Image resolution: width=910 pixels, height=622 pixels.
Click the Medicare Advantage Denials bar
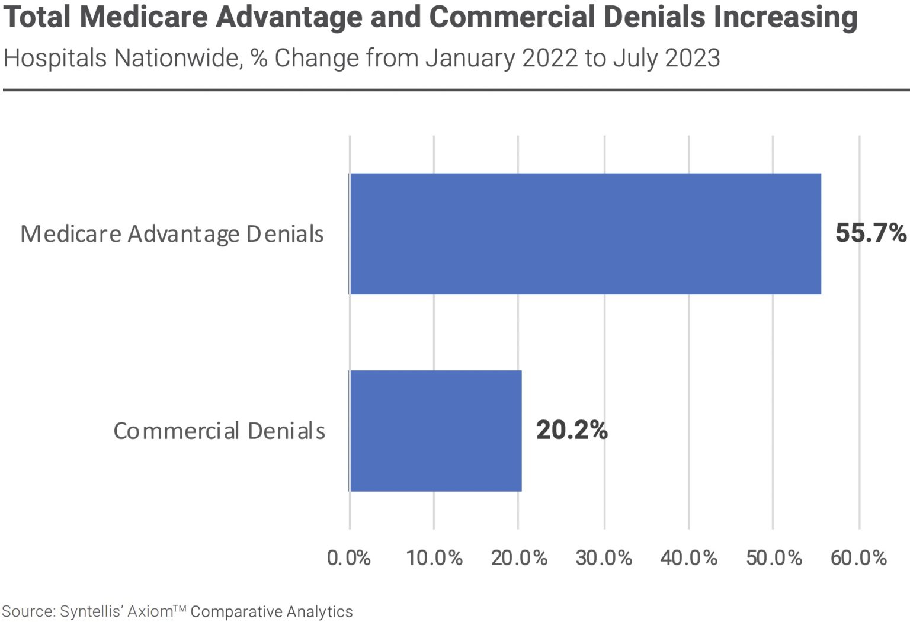click(x=585, y=234)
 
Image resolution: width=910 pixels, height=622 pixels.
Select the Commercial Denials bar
click(x=435, y=431)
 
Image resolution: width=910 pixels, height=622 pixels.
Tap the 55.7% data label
click(x=870, y=233)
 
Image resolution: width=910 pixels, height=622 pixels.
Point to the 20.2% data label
click(x=572, y=430)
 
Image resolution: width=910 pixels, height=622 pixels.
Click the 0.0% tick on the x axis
click(x=349, y=557)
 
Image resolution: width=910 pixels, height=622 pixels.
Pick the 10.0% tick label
click(x=434, y=557)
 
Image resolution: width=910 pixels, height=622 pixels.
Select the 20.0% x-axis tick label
click(x=519, y=557)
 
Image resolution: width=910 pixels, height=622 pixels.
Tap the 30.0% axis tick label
click(x=604, y=557)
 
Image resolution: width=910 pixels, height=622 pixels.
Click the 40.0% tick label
click(x=688, y=557)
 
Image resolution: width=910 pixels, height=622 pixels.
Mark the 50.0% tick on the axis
click(x=774, y=557)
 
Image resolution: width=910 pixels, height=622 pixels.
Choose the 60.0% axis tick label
click(x=858, y=557)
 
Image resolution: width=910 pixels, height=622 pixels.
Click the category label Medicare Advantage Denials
click(x=172, y=234)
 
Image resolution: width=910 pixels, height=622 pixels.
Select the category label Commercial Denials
click(x=219, y=431)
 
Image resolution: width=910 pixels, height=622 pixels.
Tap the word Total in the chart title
click(x=37, y=17)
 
